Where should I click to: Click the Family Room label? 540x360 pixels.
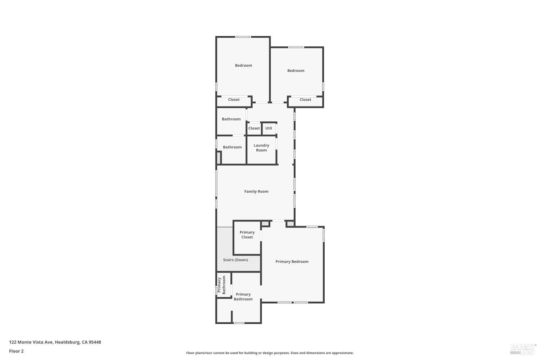coord(256,192)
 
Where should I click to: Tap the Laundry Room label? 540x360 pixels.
coord(261,148)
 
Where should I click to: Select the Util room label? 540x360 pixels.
coord(269,128)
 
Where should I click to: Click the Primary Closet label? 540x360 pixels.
coord(247,235)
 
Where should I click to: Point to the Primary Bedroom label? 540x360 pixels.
coord(292,262)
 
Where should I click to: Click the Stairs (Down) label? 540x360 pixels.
coord(235,260)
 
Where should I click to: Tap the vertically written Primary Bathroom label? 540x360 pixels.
coord(221,285)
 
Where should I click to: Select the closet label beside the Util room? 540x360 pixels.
coord(254,128)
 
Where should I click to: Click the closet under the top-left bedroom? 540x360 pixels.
coord(234,100)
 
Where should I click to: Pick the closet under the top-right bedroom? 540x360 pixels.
coord(305,100)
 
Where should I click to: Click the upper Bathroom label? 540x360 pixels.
coord(231,119)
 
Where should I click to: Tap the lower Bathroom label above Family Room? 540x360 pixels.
coord(232,147)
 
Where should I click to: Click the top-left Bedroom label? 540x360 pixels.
coord(243,66)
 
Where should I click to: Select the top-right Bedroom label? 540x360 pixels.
coord(296,71)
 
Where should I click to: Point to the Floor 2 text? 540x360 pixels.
coord(16,351)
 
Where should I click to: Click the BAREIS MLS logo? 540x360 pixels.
coord(523,348)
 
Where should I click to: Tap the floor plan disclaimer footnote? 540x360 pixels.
coord(270,353)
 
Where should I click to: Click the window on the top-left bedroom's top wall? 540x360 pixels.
coord(243,37)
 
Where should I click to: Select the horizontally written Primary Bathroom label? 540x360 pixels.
coord(243,297)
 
